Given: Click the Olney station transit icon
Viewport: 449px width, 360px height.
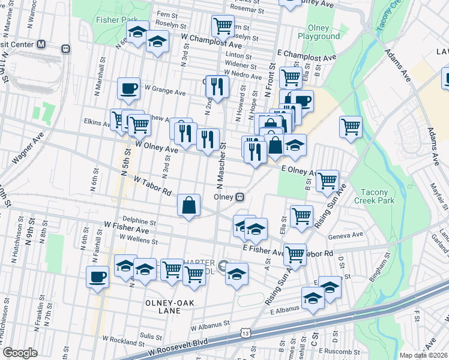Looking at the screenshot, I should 240,196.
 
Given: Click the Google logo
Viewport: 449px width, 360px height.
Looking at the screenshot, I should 20,353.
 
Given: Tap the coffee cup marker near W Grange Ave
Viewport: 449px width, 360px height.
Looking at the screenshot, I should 128,89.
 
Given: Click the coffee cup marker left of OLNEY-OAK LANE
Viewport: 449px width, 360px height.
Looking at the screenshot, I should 97,277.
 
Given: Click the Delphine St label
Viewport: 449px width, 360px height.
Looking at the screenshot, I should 139,221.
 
